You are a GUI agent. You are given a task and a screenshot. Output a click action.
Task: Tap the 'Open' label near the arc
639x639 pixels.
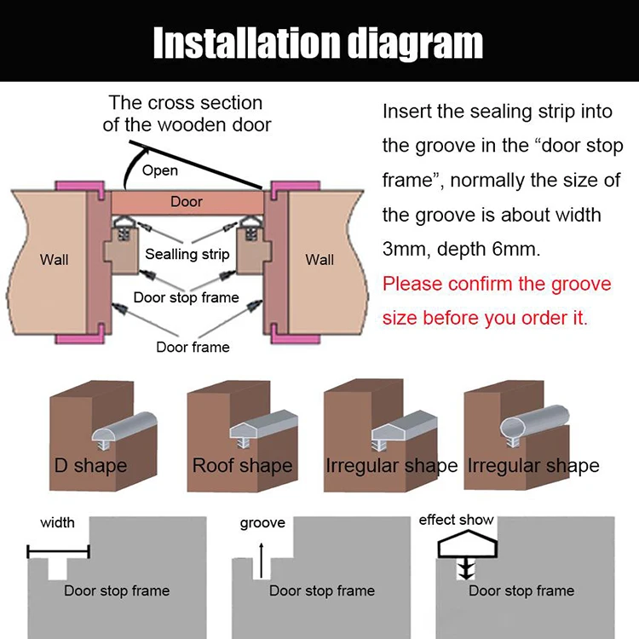coord(159,170)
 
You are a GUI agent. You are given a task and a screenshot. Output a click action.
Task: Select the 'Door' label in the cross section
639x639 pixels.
coord(187,202)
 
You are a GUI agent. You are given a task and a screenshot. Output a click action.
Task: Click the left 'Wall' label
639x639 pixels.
coord(54,259)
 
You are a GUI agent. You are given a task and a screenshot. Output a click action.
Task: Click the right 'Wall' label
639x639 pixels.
coord(319,259)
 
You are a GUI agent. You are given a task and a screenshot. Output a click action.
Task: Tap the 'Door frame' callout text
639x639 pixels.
coord(193,347)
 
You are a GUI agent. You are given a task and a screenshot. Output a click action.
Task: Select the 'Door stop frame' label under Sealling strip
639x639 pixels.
coord(186,298)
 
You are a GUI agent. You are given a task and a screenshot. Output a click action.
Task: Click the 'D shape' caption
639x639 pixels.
coord(90,465)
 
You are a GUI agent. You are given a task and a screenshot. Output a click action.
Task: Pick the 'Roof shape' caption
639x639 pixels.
coord(242,465)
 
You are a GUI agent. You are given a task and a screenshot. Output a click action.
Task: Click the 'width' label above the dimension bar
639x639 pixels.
coord(57,522)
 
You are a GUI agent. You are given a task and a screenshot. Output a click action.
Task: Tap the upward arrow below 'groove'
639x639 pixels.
coord(262,553)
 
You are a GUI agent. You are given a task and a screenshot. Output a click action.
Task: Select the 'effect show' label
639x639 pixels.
coord(456,520)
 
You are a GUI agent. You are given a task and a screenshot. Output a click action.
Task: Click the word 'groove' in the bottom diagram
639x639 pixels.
coord(262,523)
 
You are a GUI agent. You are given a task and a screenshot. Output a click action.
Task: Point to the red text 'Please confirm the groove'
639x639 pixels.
coord(497,284)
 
